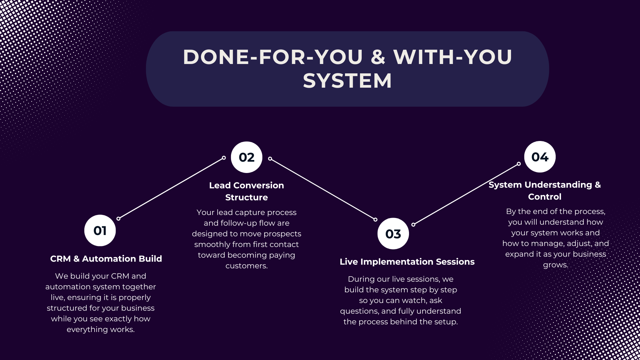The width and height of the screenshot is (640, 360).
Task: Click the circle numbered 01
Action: (100, 230)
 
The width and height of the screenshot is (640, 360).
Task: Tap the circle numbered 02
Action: (247, 157)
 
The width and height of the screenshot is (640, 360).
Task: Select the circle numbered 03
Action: (393, 234)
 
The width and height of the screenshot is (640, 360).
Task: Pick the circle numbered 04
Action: (540, 157)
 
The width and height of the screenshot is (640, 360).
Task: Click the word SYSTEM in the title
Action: (347, 81)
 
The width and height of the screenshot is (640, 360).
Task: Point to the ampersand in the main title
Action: (378, 57)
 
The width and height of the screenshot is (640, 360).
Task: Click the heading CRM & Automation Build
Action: (106, 259)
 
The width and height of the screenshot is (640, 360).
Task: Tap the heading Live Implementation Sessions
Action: (407, 262)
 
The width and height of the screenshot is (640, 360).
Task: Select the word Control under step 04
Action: (545, 197)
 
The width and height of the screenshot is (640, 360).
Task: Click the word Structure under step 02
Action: (247, 197)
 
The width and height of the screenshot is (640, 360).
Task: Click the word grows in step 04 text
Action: (555, 265)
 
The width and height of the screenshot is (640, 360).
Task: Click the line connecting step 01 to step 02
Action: (171, 188)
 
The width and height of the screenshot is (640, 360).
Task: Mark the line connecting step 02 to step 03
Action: (323, 189)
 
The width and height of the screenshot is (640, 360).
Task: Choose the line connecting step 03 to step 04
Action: (466, 194)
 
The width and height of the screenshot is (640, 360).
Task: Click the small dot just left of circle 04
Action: (519, 164)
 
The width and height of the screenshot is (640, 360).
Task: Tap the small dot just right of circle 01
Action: (118, 219)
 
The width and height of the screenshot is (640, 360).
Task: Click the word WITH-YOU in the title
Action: (453, 57)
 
